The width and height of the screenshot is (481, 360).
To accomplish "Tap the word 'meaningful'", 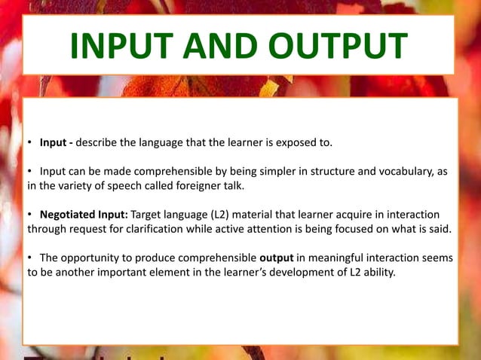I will click(335, 258).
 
